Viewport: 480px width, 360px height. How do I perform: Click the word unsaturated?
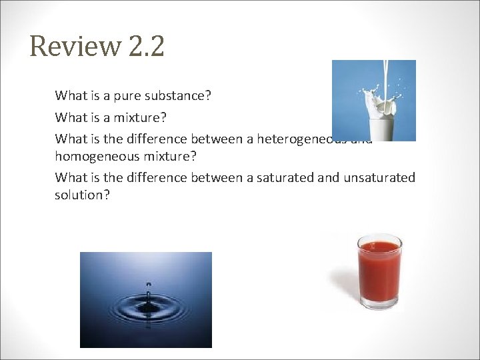(x=379, y=177)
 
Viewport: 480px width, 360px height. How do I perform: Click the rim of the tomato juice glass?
(x=379, y=239)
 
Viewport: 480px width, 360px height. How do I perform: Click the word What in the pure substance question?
(x=69, y=96)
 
